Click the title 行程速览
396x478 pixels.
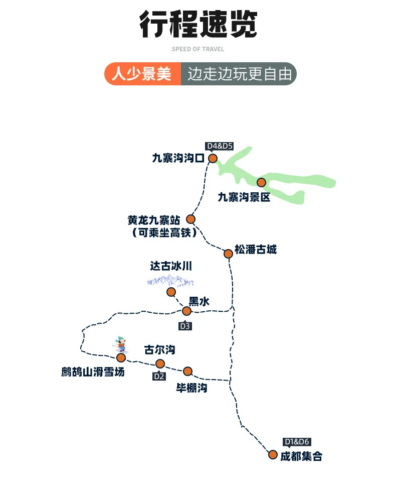coord(198,24)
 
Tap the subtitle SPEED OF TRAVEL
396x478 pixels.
coord(198,49)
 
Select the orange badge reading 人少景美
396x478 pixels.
coord(142,74)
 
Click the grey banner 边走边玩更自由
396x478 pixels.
coord(239,74)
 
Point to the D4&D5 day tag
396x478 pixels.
coord(220,146)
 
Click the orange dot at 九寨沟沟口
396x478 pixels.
coord(213,158)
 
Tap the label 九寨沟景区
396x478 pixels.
coord(244,197)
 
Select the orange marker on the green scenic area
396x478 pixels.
coord(261,182)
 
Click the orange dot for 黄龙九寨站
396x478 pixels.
coord(190,219)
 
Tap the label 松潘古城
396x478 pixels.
coord(256,250)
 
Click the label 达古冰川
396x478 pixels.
coord(171,266)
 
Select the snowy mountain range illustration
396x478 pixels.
coord(170,280)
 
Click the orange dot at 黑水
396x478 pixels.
coord(186,311)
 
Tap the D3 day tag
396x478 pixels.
coord(185,326)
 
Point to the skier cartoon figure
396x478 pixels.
coord(120,345)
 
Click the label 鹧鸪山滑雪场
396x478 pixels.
coord(93,372)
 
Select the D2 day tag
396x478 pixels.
coord(159,376)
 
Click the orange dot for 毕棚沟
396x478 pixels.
coord(188,371)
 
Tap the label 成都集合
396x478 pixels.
coord(301,456)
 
